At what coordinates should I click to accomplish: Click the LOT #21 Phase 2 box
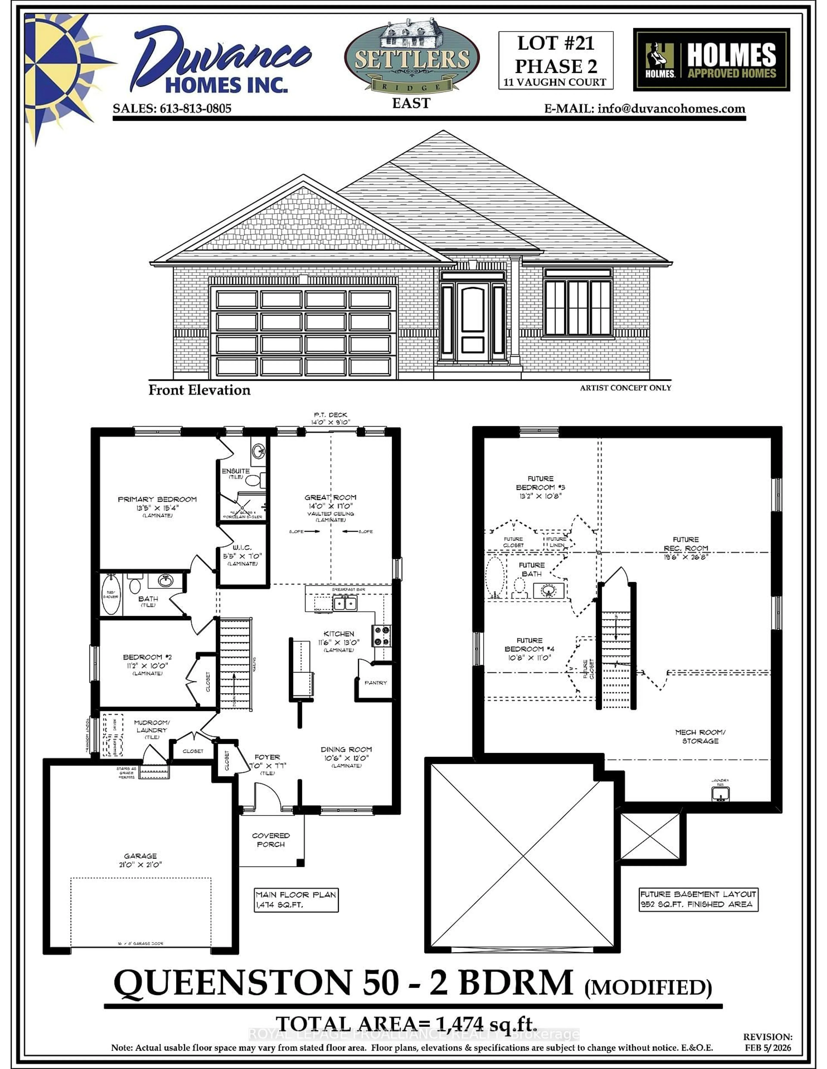click(x=556, y=60)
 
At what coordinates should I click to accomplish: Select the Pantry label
click(x=376, y=682)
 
